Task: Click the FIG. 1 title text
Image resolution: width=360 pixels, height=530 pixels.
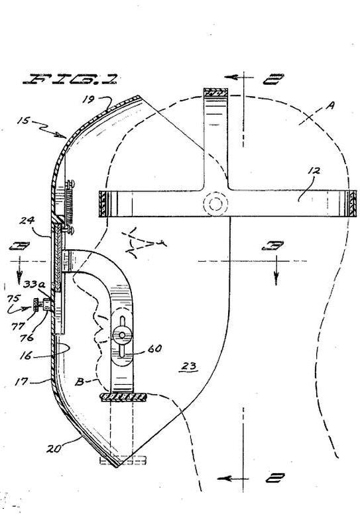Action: (70, 79)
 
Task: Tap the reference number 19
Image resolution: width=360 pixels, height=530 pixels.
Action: (90, 99)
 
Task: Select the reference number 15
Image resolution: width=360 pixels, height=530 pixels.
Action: (23, 121)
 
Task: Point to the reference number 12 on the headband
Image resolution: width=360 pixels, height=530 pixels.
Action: (314, 171)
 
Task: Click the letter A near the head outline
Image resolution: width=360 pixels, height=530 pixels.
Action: (330, 106)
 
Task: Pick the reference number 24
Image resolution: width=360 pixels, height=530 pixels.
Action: (27, 221)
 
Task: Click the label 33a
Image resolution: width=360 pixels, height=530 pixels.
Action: (34, 284)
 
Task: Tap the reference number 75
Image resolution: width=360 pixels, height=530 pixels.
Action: (14, 299)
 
